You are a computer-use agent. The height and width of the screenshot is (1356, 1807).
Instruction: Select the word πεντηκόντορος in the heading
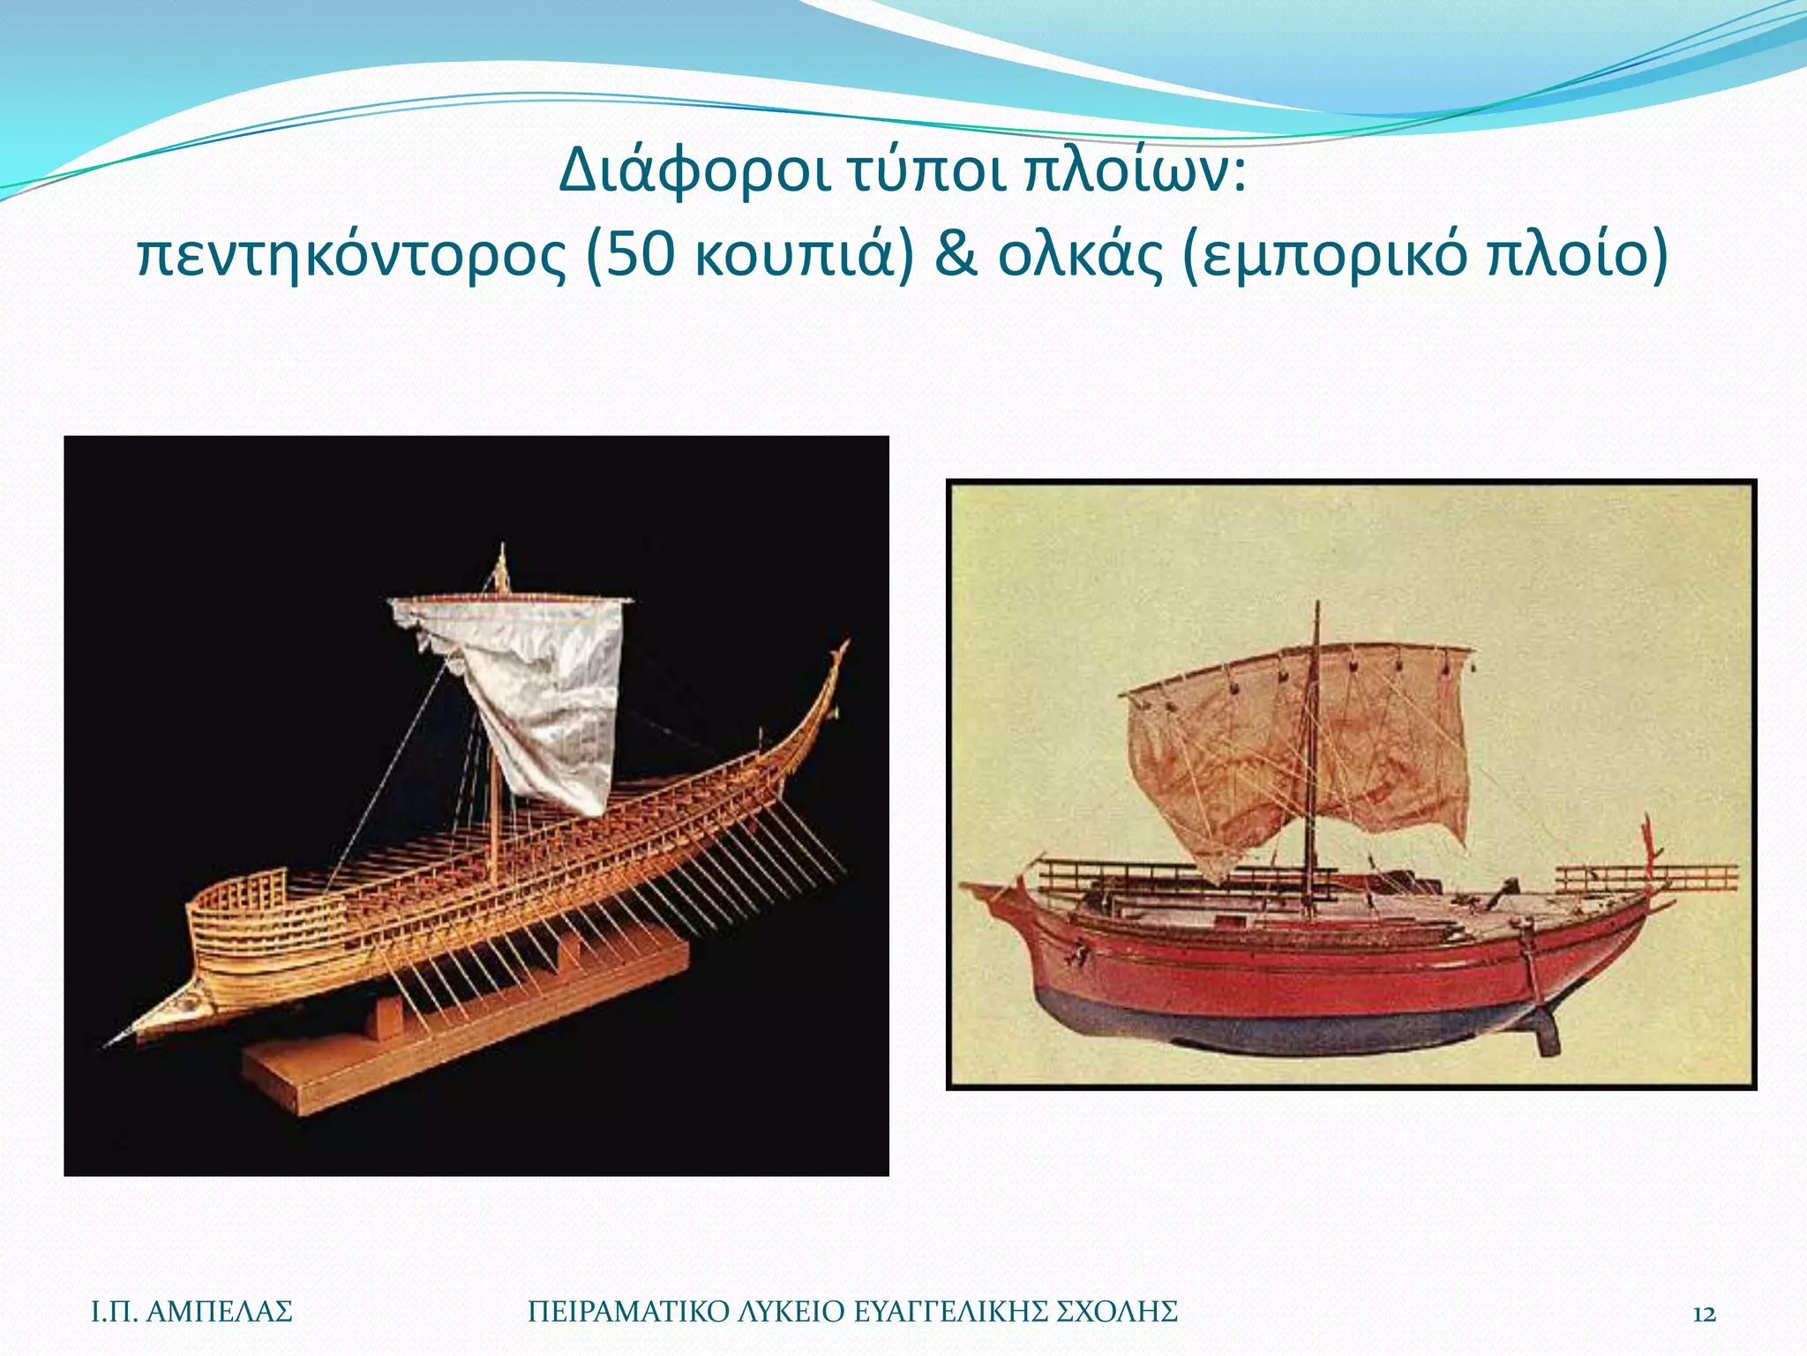coord(351,255)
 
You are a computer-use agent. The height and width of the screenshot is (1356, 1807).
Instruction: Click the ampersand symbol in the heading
coord(956,255)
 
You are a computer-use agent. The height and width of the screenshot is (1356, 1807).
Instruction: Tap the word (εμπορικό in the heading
coord(1323,255)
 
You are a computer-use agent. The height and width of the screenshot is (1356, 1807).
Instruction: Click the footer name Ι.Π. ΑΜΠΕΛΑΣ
coord(191,1312)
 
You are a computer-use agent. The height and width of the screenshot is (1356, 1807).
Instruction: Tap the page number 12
coord(1704,1314)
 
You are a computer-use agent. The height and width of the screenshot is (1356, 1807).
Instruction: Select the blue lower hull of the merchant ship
coord(1279,1024)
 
